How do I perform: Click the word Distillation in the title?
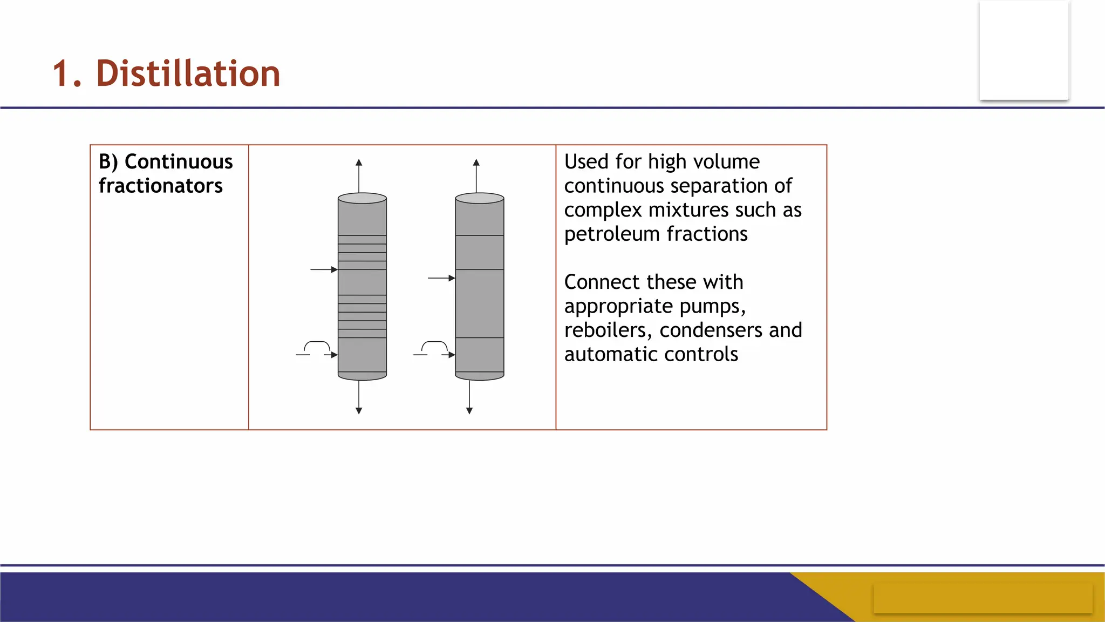(188, 73)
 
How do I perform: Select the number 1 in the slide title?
(61, 74)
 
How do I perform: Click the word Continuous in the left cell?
(179, 161)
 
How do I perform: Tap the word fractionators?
(160, 186)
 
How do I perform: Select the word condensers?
(711, 330)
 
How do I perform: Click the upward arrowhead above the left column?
(359, 163)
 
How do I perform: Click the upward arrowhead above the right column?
(476, 163)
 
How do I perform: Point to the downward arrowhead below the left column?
(359, 411)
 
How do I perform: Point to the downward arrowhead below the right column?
(469, 411)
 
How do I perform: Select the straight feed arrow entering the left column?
(324, 269)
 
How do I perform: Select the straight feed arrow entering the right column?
(441, 278)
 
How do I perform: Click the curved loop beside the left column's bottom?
(317, 346)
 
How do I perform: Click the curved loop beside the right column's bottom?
(434, 346)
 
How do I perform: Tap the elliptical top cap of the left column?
(362, 198)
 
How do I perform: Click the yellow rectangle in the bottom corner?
(983, 598)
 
